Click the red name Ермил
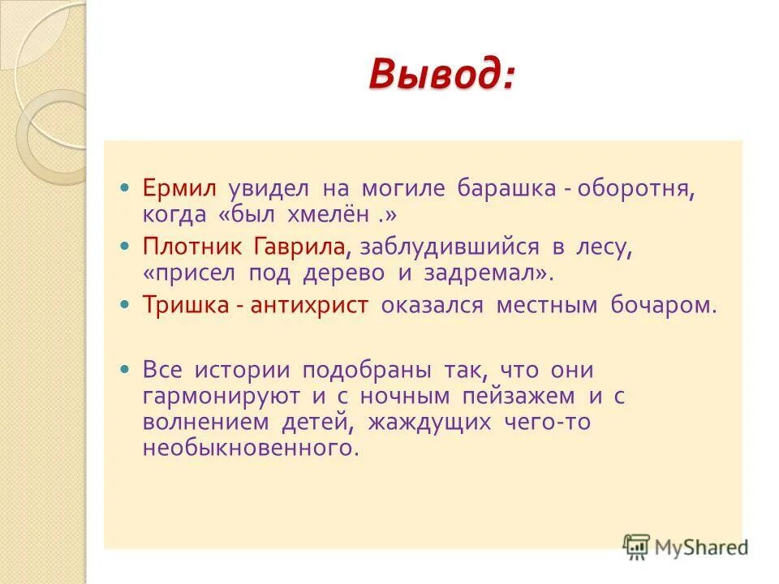180,189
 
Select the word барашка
506,189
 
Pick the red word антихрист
309,305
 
